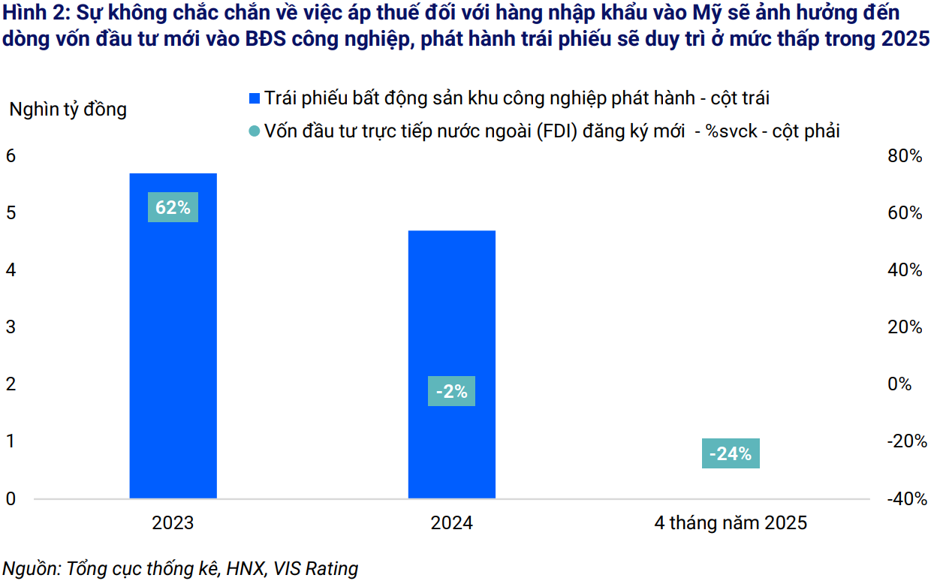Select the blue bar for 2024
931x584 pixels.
click(x=451, y=315)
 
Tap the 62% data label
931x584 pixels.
click(x=173, y=207)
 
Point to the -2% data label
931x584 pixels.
click(x=451, y=391)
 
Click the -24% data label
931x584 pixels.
click(x=731, y=453)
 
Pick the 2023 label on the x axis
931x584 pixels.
click(x=173, y=522)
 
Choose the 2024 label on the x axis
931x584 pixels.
click(x=451, y=522)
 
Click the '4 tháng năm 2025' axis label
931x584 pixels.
click(x=731, y=522)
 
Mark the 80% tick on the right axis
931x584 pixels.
click(x=904, y=156)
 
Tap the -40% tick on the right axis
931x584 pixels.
click(x=904, y=498)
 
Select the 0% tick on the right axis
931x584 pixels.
click(x=899, y=384)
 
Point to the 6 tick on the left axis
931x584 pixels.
click(x=11, y=156)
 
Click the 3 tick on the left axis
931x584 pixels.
click(x=11, y=327)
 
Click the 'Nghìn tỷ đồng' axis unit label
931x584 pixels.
click(x=68, y=110)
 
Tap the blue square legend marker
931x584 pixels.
click(x=255, y=98)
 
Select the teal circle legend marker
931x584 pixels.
click(x=255, y=131)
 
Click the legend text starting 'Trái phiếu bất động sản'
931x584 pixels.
click(x=517, y=98)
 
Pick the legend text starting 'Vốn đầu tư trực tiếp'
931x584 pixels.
click(x=552, y=131)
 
